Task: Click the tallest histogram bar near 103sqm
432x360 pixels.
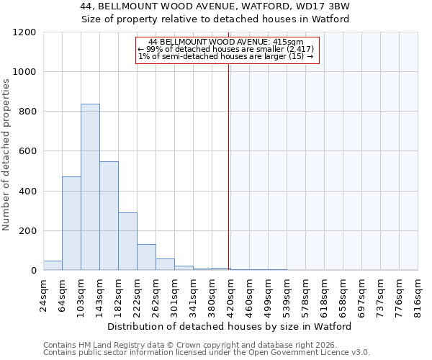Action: point(90,187)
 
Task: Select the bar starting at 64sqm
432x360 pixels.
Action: point(71,223)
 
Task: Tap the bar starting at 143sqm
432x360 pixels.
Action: point(109,216)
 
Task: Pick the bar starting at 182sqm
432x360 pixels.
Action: point(127,241)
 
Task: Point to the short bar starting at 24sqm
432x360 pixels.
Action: point(53,265)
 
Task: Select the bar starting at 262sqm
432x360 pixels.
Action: point(165,264)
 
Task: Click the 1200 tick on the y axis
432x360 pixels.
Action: point(25,32)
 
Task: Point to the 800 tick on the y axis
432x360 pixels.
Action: point(28,112)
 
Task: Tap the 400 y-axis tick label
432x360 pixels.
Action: point(28,192)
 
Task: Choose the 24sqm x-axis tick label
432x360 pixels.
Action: point(43,294)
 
